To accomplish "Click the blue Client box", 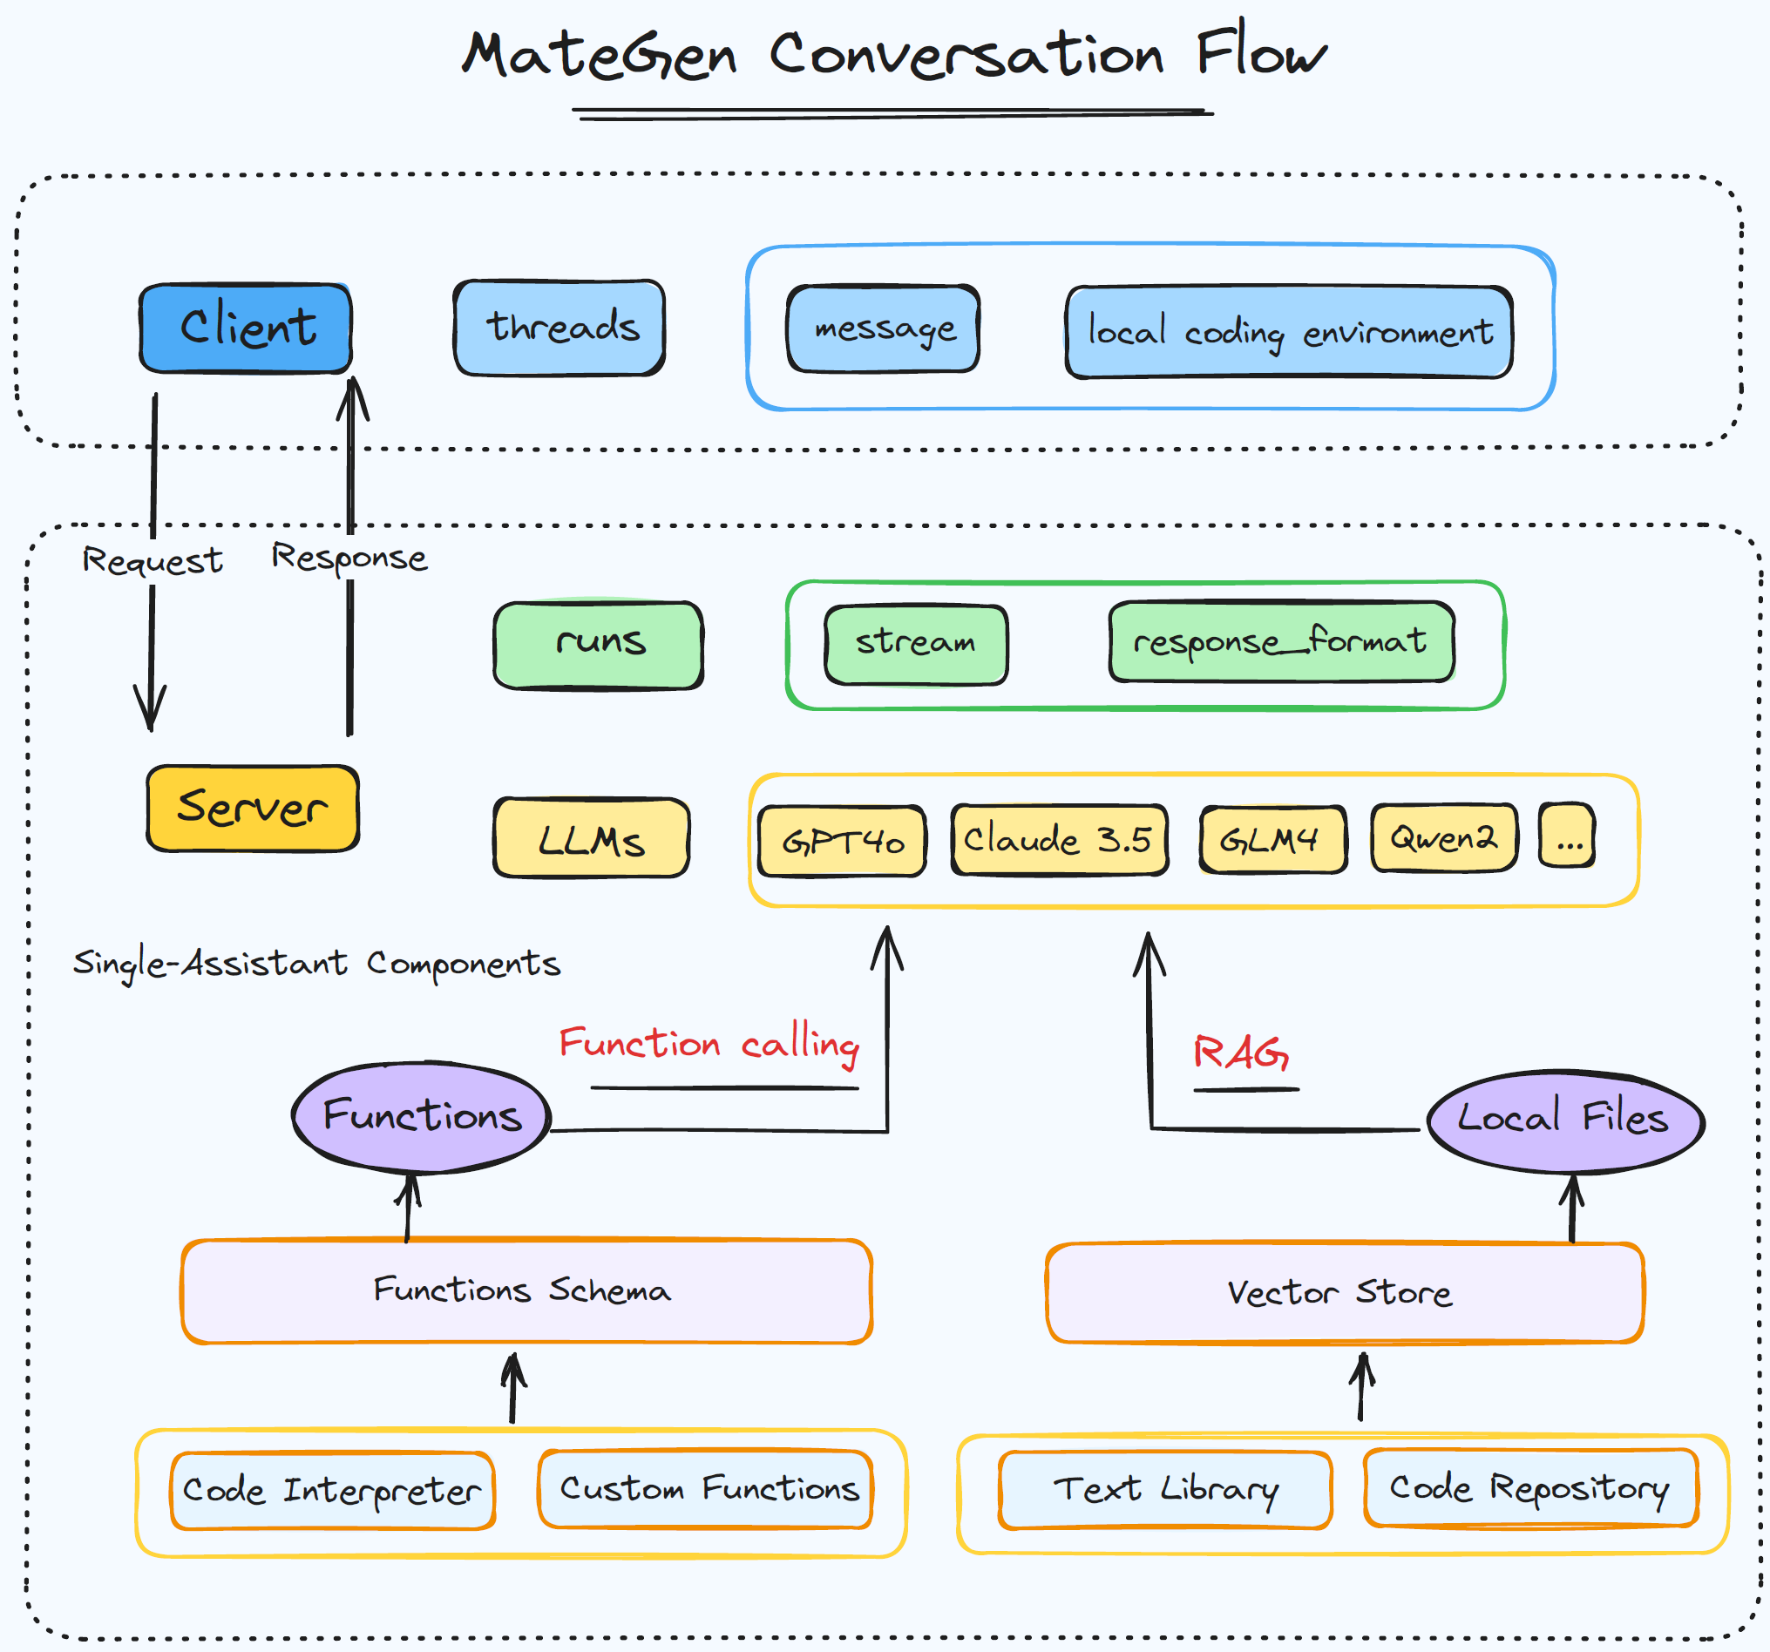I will [x=246, y=328].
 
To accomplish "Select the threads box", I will [x=559, y=328].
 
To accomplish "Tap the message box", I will [x=883, y=328].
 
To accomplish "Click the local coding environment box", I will [x=1288, y=332].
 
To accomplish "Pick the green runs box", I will [x=599, y=645].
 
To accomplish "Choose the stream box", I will [x=915, y=645].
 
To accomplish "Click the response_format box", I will [x=1280, y=642].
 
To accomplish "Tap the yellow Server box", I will [x=253, y=809].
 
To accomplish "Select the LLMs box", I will [x=591, y=838].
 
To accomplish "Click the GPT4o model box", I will [x=841, y=841].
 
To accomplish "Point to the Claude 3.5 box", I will [x=1059, y=839].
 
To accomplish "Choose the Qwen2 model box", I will [x=1443, y=837].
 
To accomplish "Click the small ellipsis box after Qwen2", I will [x=1567, y=836].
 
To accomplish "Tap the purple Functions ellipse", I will [x=422, y=1116].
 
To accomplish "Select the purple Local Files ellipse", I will [x=1564, y=1120].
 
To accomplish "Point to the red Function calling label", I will [x=709, y=1043].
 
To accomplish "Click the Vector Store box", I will [x=1344, y=1292].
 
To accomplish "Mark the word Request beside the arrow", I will [x=153, y=561].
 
